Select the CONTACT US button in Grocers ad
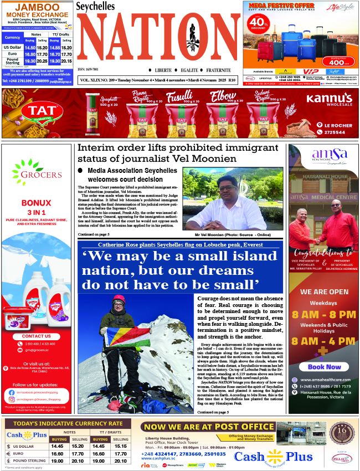click(x=37, y=336)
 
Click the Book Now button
click(x=324, y=367)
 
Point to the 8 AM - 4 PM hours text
click(x=324, y=341)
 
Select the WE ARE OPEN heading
click(x=324, y=291)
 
